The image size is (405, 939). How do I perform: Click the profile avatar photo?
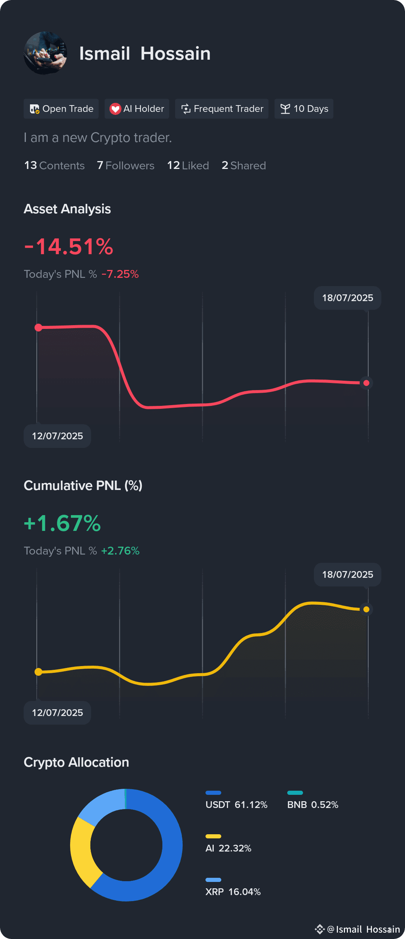click(45, 53)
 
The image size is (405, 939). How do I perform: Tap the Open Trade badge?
click(61, 109)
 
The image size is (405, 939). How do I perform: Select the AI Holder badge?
click(137, 109)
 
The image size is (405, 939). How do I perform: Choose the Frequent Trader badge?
click(222, 109)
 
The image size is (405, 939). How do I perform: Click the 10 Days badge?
click(304, 109)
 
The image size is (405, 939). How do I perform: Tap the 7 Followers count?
click(126, 166)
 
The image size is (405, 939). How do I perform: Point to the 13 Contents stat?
click(54, 166)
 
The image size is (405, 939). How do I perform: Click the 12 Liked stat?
click(188, 166)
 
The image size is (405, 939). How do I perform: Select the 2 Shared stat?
click(244, 166)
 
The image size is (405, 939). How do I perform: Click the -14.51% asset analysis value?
click(69, 247)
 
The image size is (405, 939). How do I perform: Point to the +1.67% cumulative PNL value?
click(62, 523)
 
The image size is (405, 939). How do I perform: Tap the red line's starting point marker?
click(38, 328)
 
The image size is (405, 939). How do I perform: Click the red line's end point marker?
click(366, 383)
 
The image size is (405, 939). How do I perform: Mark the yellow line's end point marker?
click(366, 609)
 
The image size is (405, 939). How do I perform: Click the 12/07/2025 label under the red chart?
click(57, 436)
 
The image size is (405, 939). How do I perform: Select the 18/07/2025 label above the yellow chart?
click(348, 574)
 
